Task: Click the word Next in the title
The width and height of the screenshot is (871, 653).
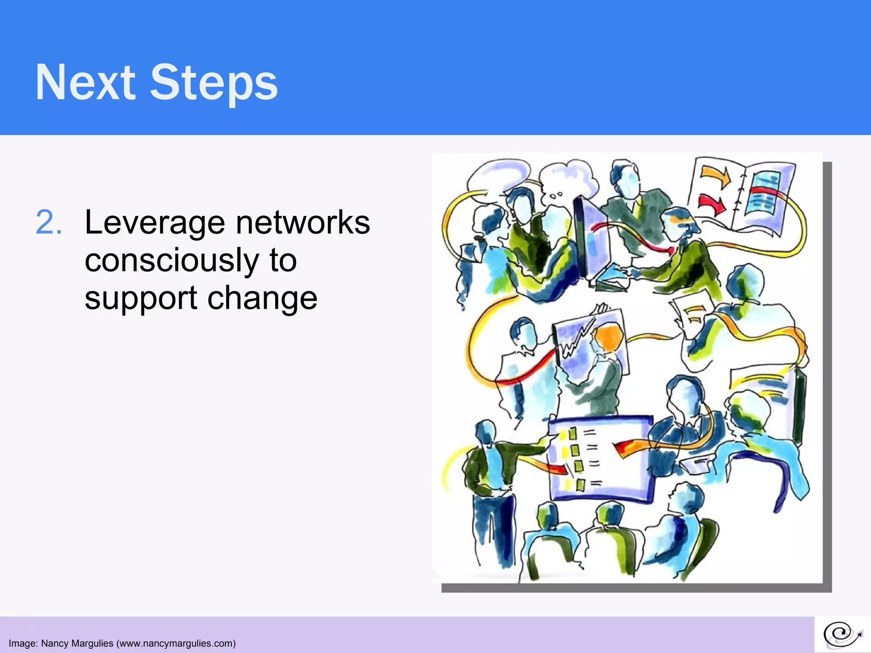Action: click(85, 82)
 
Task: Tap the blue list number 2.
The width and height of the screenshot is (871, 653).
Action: click(48, 222)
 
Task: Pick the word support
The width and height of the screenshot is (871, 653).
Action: click(140, 298)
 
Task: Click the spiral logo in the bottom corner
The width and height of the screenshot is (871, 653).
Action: click(842, 635)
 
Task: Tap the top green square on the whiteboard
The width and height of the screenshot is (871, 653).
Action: click(572, 434)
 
